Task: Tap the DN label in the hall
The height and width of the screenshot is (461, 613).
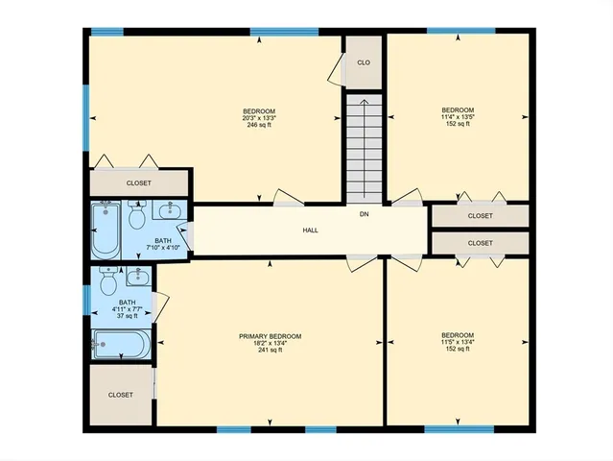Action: pos(364,214)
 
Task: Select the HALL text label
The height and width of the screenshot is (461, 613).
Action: pos(310,230)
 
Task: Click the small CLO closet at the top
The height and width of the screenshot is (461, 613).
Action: pos(364,62)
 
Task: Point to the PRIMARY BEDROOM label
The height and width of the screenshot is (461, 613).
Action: pos(270,336)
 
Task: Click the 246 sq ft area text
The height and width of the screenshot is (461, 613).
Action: pos(259,125)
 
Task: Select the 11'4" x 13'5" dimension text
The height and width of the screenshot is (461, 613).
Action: pos(458,117)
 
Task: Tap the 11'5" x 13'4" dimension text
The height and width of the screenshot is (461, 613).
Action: pos(458,343)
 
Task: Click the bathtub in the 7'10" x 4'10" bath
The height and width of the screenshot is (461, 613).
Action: pos(103,230)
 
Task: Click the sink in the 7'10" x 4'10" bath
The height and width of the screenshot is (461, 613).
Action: pos(168,210)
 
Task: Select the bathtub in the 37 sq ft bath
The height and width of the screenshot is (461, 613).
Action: pos(121,343)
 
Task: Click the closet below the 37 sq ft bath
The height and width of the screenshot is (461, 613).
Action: pos(121,395)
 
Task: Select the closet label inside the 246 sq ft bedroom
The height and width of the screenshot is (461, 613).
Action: pos(139,182)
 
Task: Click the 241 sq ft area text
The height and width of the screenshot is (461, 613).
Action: pos(270,351)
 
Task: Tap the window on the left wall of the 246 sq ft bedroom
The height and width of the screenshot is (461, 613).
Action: pos(85,117)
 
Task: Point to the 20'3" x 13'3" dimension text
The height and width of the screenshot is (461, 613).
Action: pos(259,118)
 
